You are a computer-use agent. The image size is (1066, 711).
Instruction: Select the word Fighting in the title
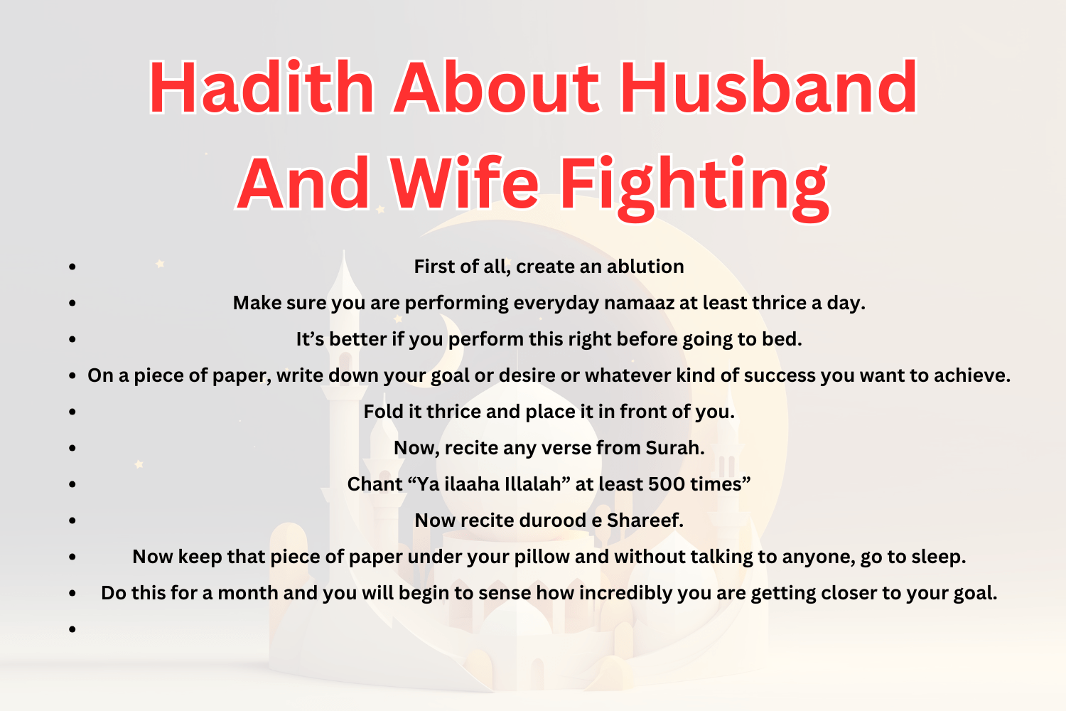[694, 185]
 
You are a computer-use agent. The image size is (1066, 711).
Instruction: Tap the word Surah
[674, 448]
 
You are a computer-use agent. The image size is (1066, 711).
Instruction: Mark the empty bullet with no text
[72, 629]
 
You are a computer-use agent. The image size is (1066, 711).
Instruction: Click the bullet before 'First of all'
[72, 267]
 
